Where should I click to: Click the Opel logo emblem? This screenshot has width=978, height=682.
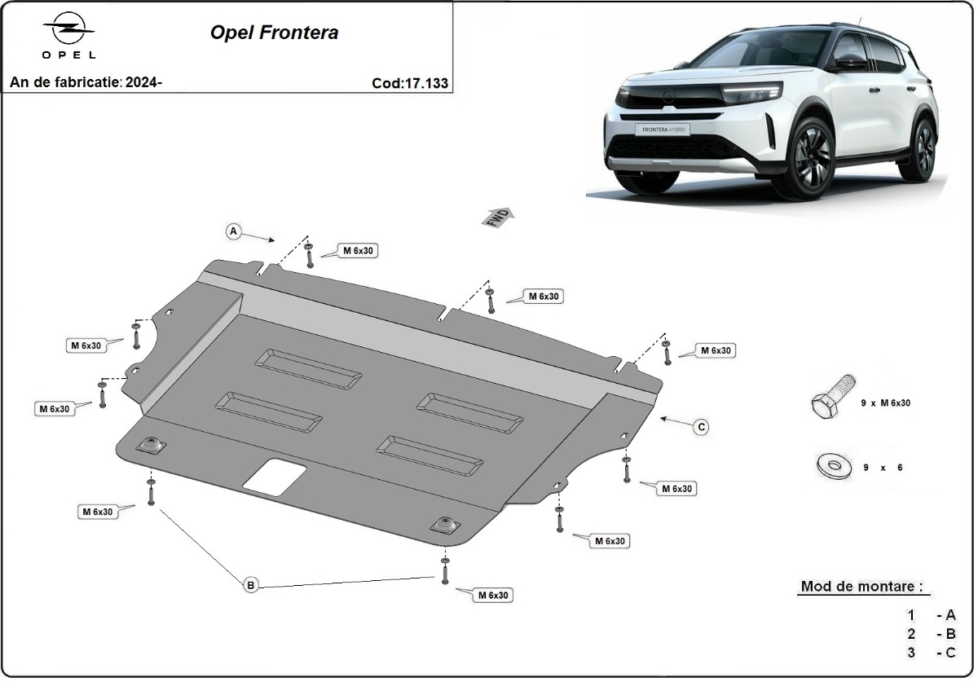(x=69, y=31)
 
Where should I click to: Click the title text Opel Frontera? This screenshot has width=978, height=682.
(x=275, y=33)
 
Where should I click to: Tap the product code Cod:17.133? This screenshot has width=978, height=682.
(x=409, y=82)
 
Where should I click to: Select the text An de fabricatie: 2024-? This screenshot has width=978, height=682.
(x=86, y=82)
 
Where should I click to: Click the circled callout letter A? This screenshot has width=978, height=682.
(x=234, y=232)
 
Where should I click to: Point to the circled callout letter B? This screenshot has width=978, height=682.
(x=251, y=584)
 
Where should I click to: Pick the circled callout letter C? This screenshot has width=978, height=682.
(x=701, y=426)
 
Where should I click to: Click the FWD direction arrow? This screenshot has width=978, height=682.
(x=500, y=218)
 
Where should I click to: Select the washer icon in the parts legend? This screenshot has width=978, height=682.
(x=831, y=466)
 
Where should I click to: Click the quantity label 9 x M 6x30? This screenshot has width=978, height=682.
(x=886, y=403)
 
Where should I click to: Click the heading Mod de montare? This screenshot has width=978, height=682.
(x=862, y=586)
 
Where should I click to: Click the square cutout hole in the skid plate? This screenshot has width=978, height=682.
(x=275, y=477)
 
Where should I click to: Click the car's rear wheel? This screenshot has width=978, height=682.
(x=923, y=148)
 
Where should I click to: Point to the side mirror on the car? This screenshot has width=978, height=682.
(x=848, y=63)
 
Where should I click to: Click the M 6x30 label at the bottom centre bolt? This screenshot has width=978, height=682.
(x=493, y=596)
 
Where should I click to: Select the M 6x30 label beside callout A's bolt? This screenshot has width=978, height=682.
(x=357, y=251)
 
